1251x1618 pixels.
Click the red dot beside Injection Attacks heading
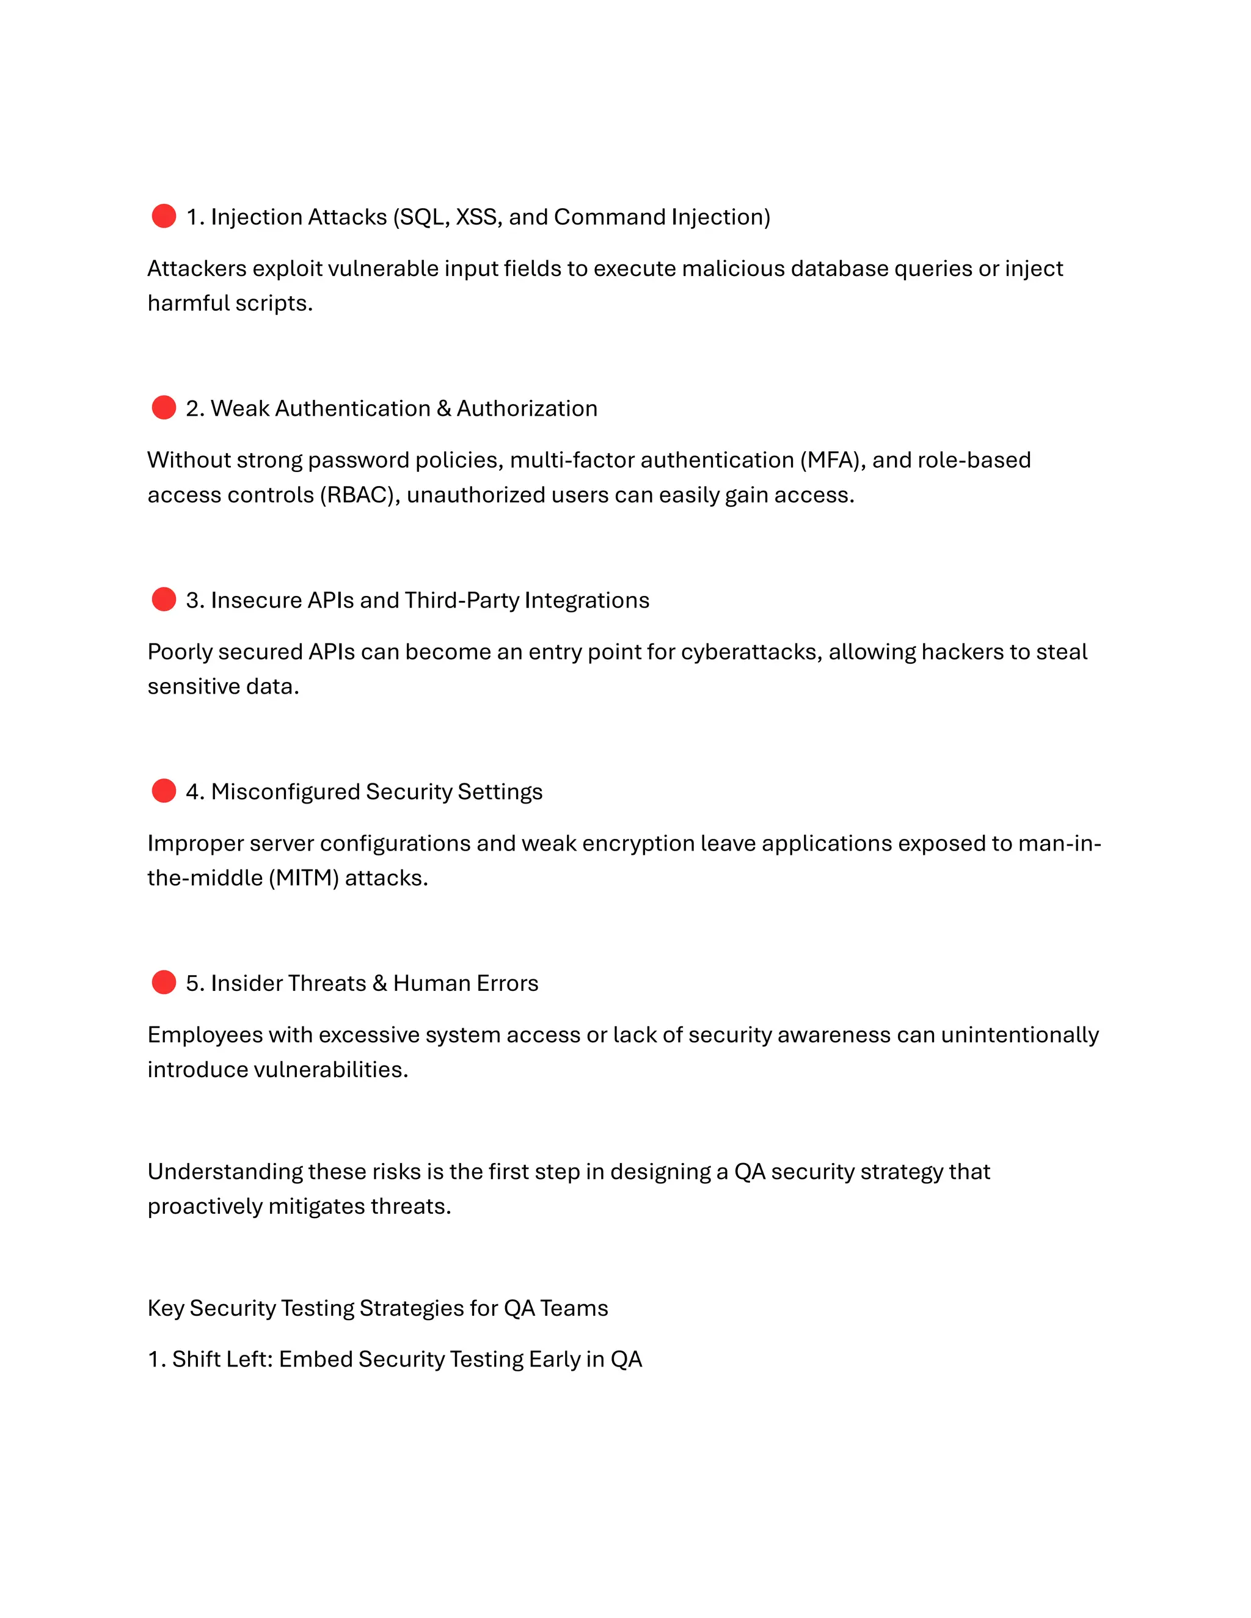point(164,216)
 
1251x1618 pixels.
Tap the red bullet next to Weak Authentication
point(164,407)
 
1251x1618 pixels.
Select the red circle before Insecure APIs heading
point(164,600)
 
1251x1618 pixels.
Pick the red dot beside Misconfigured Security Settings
point(164,791)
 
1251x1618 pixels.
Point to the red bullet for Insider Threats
point(164,982)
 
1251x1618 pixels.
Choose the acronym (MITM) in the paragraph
point(303,878)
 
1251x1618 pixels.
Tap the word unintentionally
point(1019,1035)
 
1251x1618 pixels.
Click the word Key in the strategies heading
point(166,1308)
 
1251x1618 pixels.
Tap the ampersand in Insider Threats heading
point(379,983)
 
